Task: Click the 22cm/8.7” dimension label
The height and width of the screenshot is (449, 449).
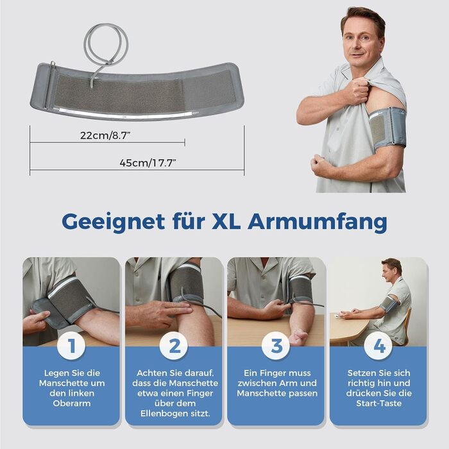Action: [105, 135]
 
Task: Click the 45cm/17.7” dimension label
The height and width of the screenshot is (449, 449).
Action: [148, 163]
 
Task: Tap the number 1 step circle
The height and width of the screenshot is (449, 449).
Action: [71, 346]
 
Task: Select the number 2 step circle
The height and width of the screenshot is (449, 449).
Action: [174, 346]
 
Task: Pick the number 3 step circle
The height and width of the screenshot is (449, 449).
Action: [276, 346]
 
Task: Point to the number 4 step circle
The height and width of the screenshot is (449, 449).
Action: [378, 346]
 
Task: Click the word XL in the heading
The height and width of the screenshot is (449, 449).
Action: [226, 221]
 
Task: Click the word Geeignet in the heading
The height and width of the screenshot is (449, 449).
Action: [114, 222]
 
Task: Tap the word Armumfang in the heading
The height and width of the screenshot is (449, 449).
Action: [318, 222]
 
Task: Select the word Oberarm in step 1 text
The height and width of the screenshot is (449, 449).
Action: [72, 403]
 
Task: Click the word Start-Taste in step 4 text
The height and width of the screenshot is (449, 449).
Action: [379, 403]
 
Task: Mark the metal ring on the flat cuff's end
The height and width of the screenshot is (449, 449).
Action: [53, 65]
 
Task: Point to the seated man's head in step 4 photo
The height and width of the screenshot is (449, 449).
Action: [391, 269]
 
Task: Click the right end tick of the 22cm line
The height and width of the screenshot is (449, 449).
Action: [185, 142]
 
